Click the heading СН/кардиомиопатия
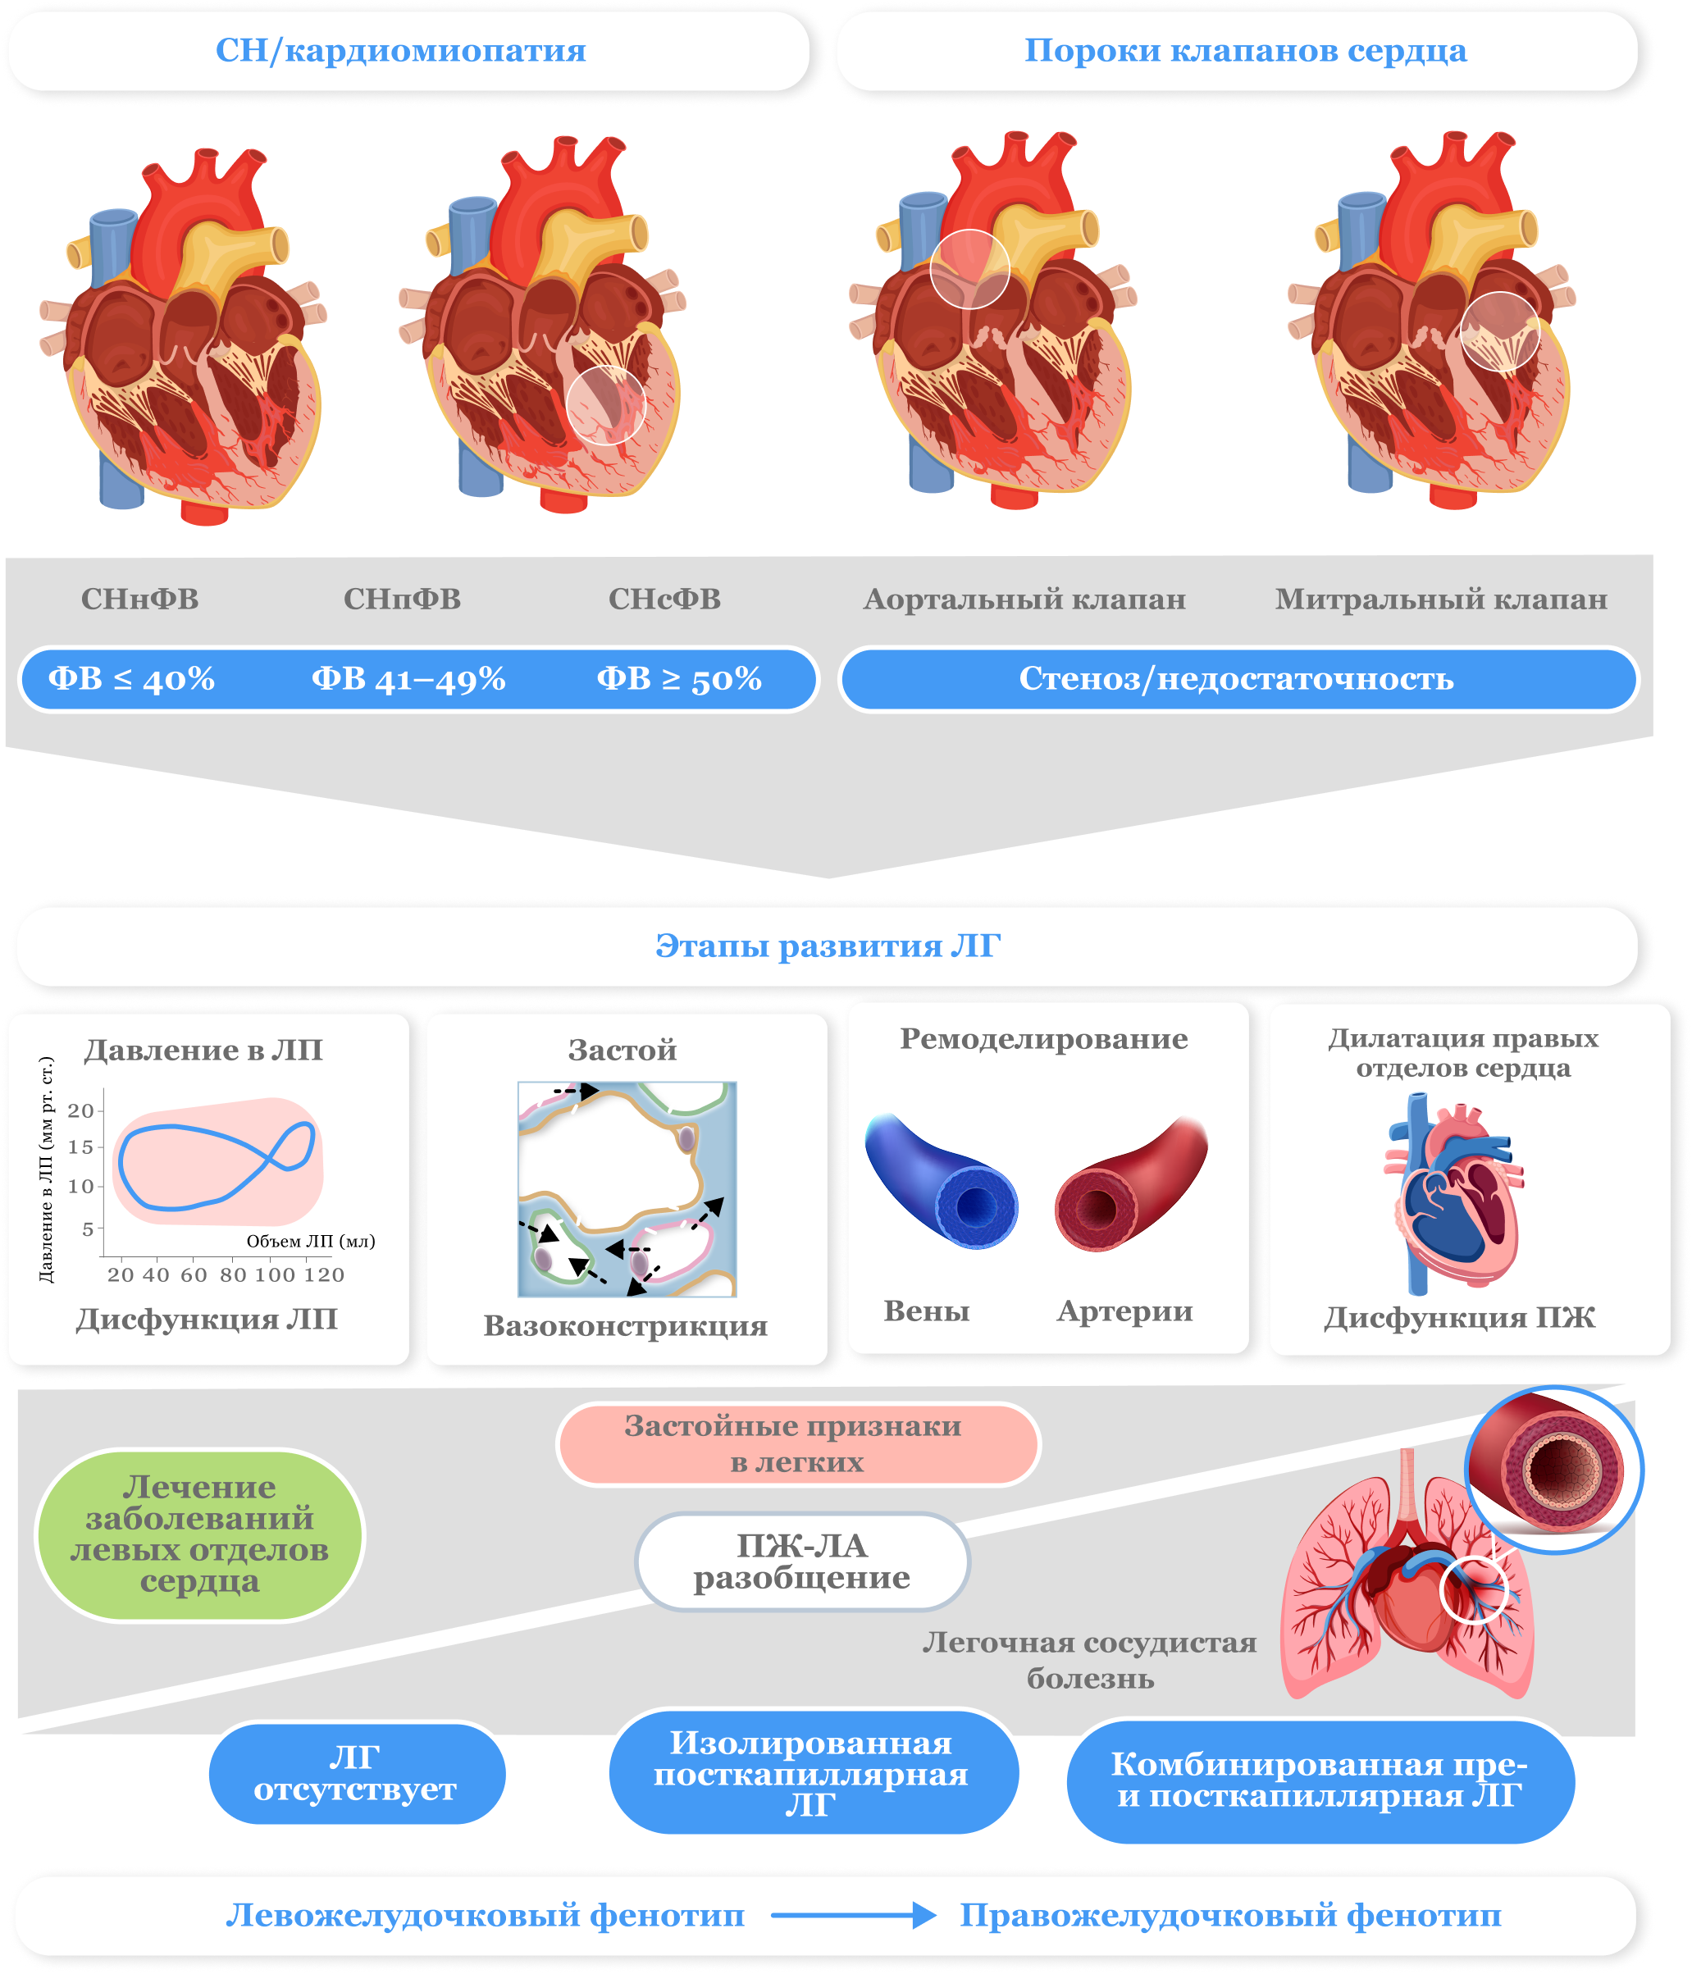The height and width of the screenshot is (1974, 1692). tap(400, 51)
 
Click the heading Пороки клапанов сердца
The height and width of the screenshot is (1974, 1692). tap(1244, 51)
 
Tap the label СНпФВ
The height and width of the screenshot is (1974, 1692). tap(402, 599)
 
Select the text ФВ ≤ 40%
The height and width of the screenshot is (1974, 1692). tap(131, 678)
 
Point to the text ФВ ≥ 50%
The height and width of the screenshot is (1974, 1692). tap(678, 678)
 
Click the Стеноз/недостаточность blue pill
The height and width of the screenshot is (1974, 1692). tap(1237, 678)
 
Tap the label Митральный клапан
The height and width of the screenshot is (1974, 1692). tap(1440, 599)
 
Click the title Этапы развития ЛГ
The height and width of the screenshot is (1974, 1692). tap(827, 946)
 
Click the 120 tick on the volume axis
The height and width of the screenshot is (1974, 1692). tap(324, 1274)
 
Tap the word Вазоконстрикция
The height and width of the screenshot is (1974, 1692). tap(625, 1325)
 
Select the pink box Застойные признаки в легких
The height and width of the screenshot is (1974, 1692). tap(797, 1443)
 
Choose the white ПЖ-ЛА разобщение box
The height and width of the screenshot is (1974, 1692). tap(801, 1561)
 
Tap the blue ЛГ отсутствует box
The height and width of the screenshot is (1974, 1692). tap(355, 1773)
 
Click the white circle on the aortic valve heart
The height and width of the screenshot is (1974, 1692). tap(970, 270)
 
